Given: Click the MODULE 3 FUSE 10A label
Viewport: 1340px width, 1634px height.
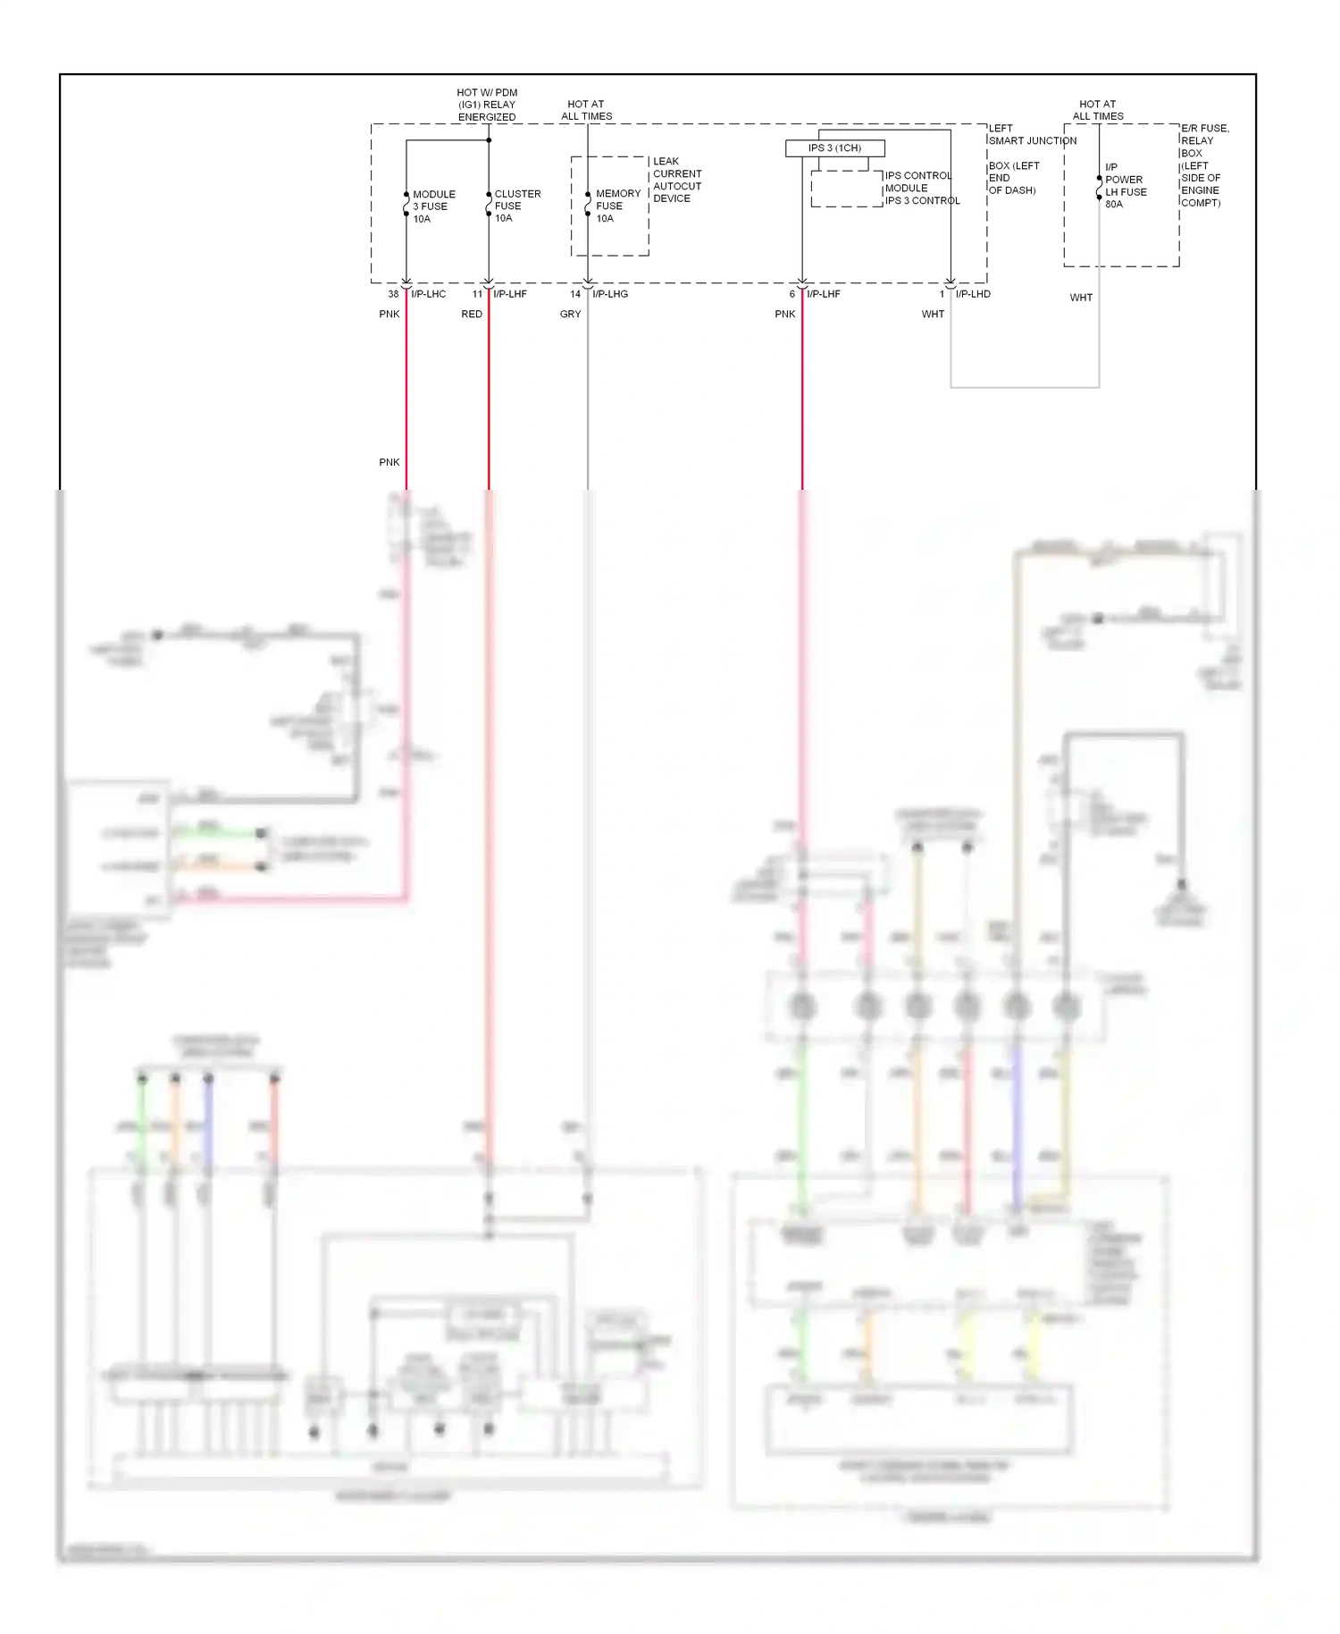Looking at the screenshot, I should pyautogui.click(x=433, y=206).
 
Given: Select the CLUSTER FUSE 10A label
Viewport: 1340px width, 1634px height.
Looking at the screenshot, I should pyautogui.click(x=516, y=206).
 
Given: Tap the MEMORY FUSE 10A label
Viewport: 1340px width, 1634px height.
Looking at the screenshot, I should pyautogui.click(x=617, y=206).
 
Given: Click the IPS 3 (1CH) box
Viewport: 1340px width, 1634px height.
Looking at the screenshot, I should pyautogui.click(x=834, y=148).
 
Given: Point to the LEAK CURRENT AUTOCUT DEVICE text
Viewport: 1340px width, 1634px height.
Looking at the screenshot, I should pyautogui.click(x=676, y=180).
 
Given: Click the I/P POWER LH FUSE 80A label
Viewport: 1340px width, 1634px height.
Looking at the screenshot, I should pyautogui.click(x=1125, y=185).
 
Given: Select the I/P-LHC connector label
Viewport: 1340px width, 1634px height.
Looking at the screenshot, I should pyautogui.click(x=428, y=294).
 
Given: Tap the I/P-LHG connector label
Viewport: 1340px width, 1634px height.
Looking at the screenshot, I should pyautogui.click(x=610, y=294).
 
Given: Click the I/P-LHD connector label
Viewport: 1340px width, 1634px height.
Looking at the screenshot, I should pyautogui.click(x=973, y=294).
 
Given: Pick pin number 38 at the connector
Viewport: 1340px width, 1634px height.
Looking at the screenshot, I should pyautogui.click(x=393, y=294).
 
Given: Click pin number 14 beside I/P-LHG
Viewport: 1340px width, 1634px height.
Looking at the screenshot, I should pyautogui.click(x=575, y=294).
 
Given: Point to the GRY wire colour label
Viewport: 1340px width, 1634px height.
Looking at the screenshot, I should pyautogui.click(x=570, y=315).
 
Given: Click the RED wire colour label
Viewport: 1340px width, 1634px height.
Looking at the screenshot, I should pyautogui.click(x=472, y=315).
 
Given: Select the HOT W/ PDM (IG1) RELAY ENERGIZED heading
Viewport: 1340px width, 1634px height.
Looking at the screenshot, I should pyautogui.click(x=487, y=105).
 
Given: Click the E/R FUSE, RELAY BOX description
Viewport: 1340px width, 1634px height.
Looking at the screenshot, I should pyautogui.click(x=1203, y=165).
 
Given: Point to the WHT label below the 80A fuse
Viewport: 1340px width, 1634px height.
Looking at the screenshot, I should pyautogui.click(x=1081, y=298).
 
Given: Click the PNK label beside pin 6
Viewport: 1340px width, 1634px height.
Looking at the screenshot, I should pyautogui.click(x=784, y=315).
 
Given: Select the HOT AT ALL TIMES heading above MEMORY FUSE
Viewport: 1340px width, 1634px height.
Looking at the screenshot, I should pyautogui.click(x=586, y=110).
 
